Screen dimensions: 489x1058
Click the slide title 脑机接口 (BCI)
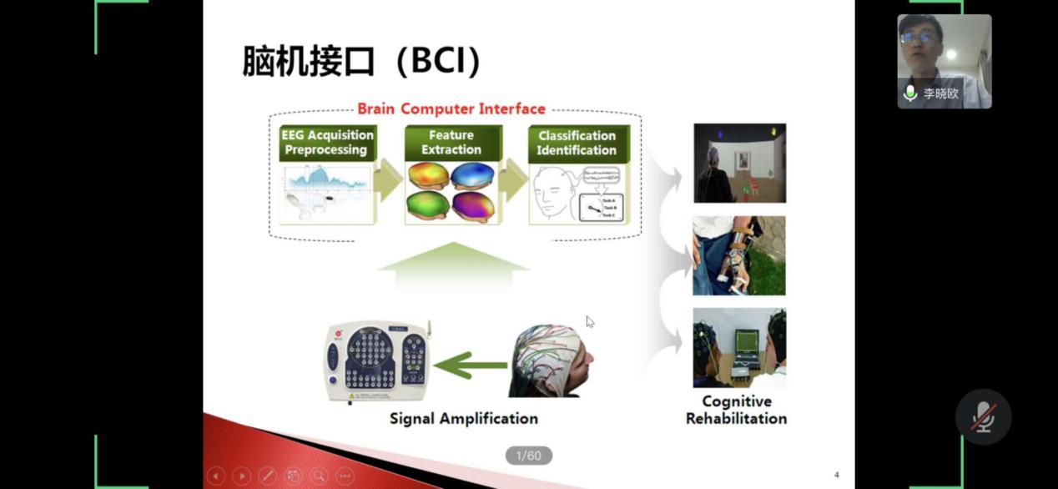coord(361,63)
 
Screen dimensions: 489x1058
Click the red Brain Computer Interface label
coord(451,109)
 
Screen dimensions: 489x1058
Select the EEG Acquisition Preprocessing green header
coord(327,143)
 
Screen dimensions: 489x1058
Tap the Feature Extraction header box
coord(451,143)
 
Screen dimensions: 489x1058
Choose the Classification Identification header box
coord(577,143)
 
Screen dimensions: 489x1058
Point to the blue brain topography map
coord(472,177)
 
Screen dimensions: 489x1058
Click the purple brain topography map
coord(472,205)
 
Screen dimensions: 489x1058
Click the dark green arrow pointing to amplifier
coord(471,365)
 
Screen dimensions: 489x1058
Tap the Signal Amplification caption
coord(464,419)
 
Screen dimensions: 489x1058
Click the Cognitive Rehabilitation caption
coord(736,411)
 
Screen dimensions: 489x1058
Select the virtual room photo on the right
coord(739,163)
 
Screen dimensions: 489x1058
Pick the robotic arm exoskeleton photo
coord(738,255)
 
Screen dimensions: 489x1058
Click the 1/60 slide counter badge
coord(528,456)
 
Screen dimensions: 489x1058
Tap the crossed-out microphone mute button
coord(983,416)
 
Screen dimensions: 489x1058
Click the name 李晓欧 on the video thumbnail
coord(940,93)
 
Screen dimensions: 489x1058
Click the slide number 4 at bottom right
coord(836,475)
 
